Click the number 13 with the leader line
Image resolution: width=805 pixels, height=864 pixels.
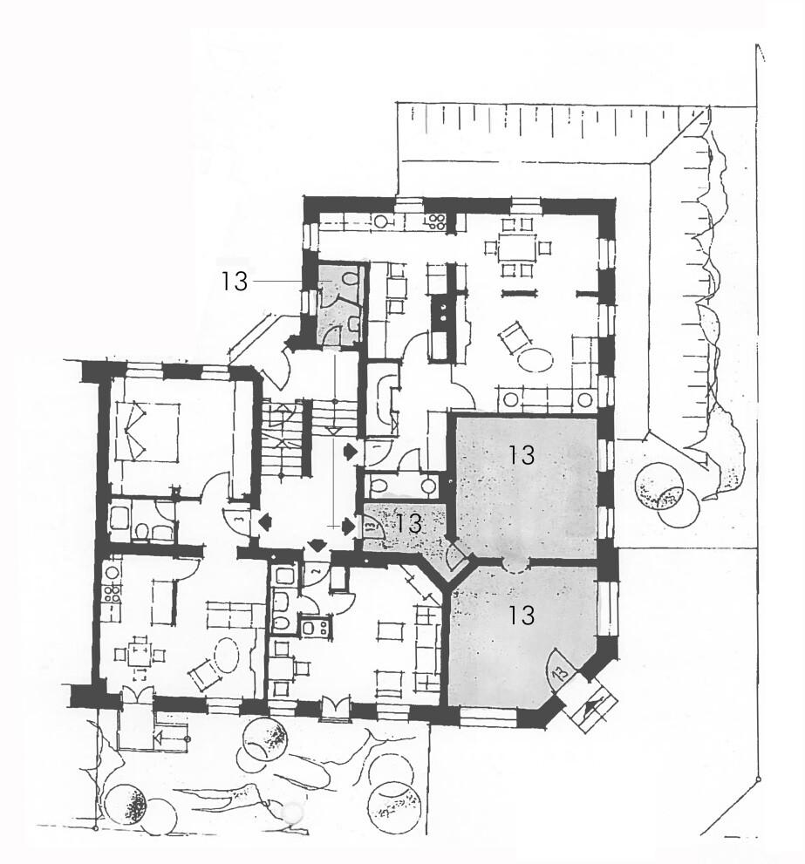click(x=234, y=282)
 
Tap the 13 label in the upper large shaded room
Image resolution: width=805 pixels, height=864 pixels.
click(x=522, y=455)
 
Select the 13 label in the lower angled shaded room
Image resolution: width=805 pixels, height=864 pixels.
click(x=521, y=615)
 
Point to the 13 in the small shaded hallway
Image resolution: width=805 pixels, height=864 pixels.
click(x=408, y=523)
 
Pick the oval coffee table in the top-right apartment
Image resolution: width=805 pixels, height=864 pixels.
click(x=535, y=359)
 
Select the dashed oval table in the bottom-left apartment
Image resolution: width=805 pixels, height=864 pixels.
click(x=224, y=654)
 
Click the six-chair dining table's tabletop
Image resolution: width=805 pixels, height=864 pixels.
click(x=516, y=248)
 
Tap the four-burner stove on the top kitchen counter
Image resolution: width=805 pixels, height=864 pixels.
click(x=437, y=221)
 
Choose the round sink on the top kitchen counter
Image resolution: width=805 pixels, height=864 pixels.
click(x=381, y=221)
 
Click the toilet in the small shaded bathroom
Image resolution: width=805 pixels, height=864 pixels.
click(x=349, y=279)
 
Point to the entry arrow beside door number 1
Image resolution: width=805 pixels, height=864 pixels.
click(x=350, y=452)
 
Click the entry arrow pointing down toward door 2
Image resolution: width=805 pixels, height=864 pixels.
click(x=317, y=544)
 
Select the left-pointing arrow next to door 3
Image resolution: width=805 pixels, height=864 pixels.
click(x=264, y=521)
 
